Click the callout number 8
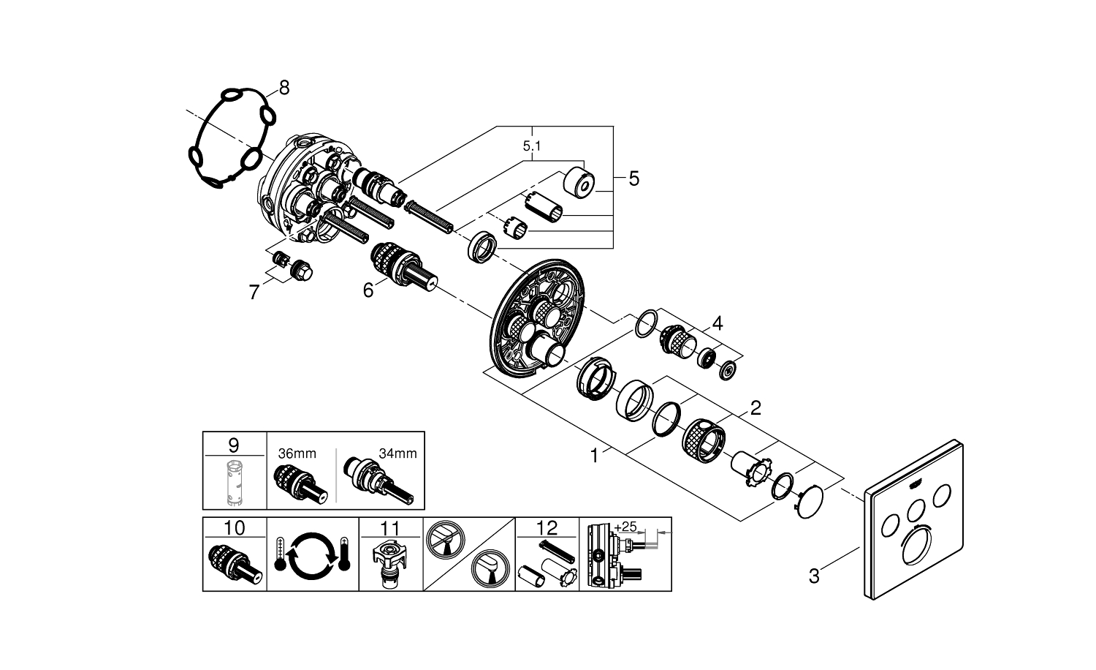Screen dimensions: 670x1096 tap(283, 89)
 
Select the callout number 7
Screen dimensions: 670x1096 tap(254, 293)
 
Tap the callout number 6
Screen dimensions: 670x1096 tap(368, 290)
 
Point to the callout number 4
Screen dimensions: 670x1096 tap(718, 323)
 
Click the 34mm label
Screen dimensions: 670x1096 tap(397, 453)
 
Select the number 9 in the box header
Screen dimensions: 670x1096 tap(233, 445)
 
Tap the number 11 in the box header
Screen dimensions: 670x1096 tap(390, 528)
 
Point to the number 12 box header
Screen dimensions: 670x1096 tap(547, 528)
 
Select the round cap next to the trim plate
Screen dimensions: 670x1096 tap(807, 503)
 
